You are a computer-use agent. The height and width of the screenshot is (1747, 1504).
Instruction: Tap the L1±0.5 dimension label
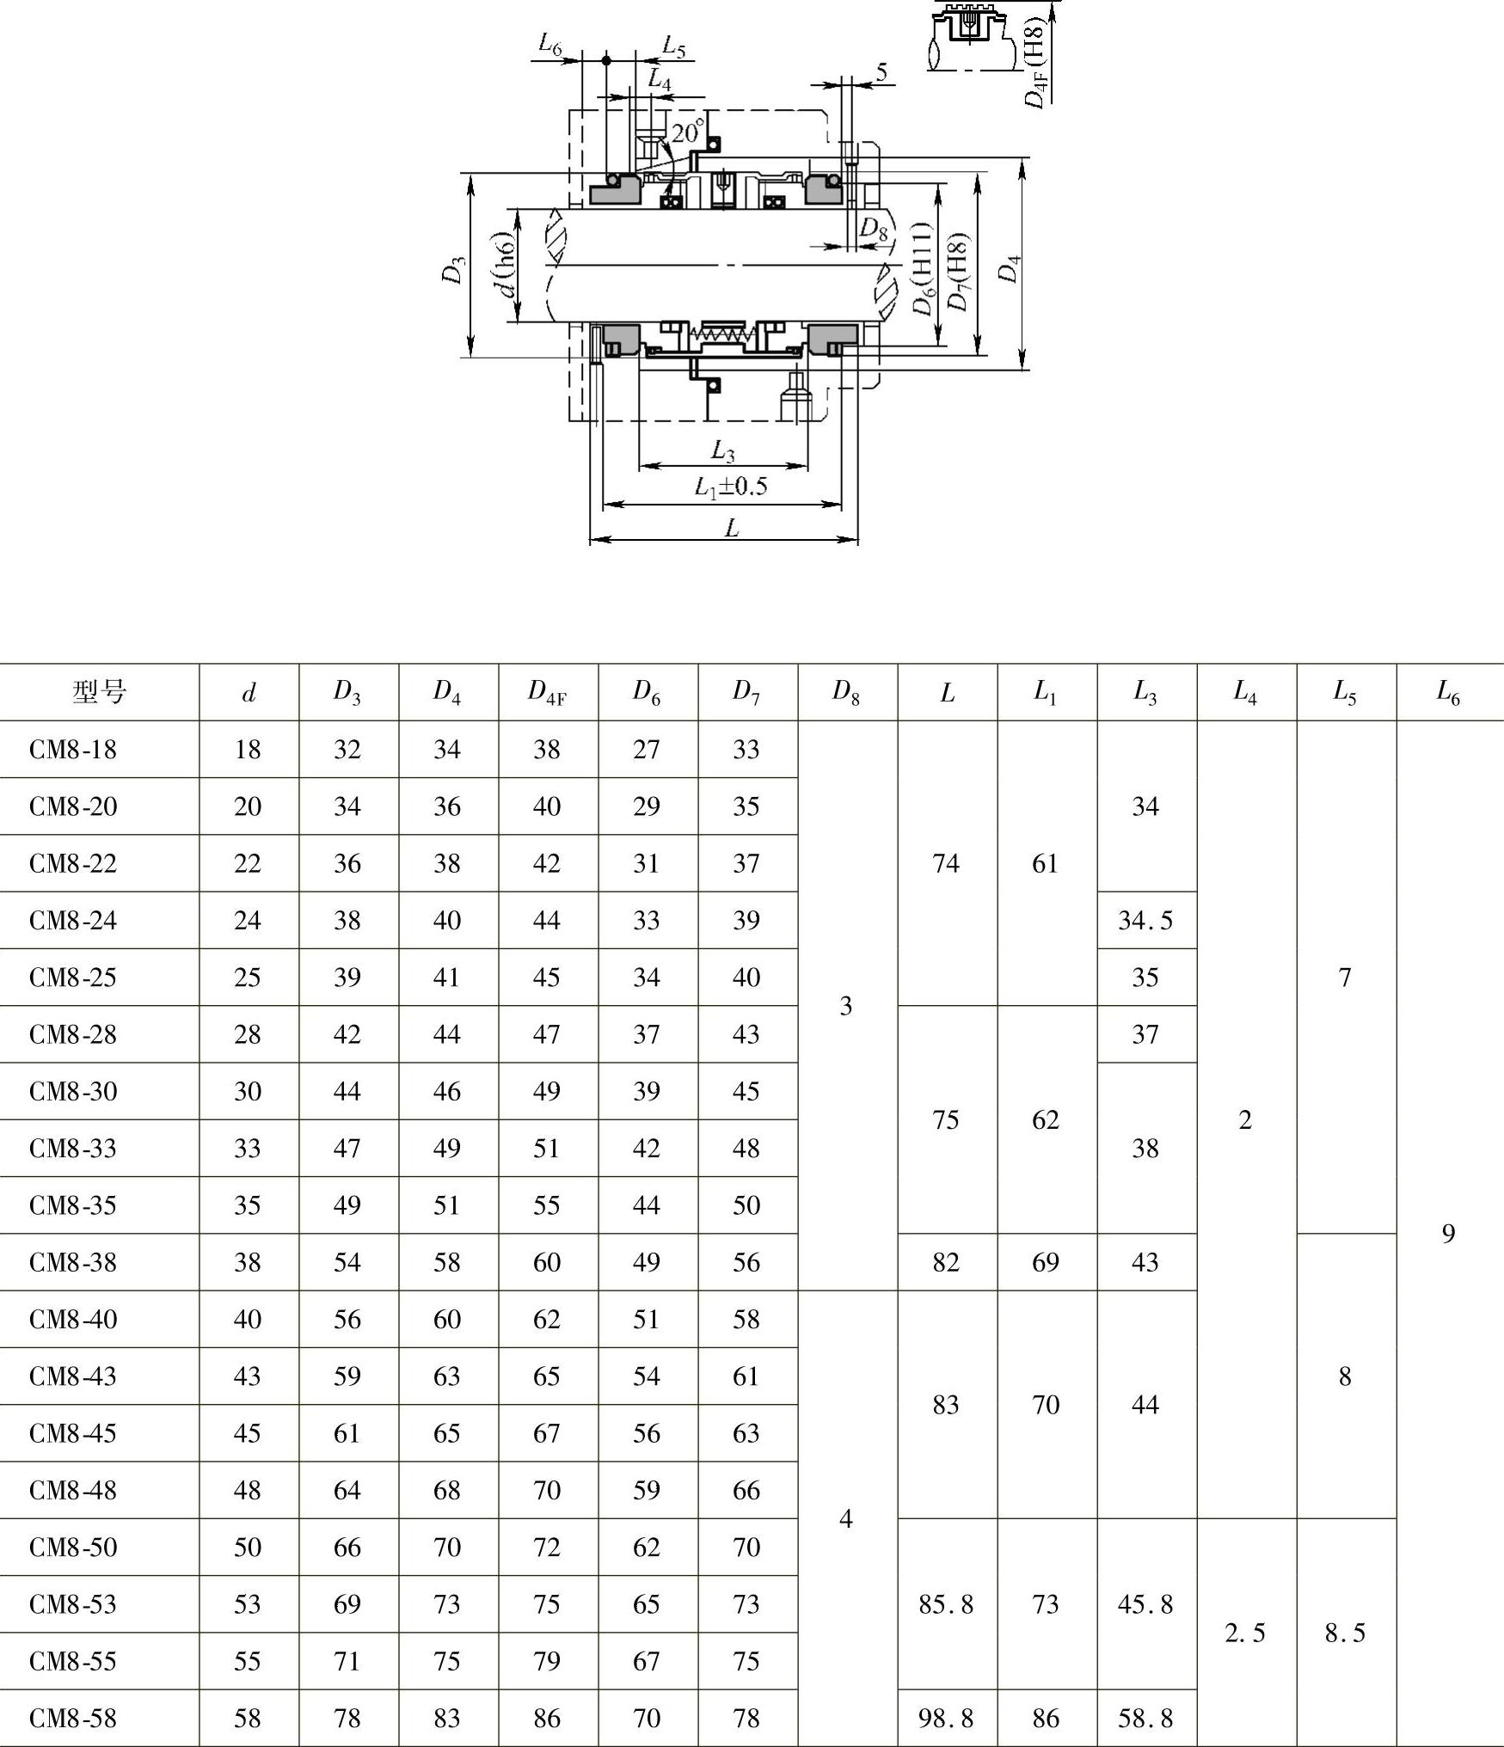click(731, 487)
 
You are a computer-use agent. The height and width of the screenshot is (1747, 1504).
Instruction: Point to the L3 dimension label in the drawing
click(723, 450)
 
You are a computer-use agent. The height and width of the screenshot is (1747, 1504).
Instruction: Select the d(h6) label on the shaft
click(508, 264)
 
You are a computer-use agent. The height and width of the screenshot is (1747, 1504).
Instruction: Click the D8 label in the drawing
click(873, 229)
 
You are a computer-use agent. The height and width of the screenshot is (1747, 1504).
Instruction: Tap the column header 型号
click(100, 691)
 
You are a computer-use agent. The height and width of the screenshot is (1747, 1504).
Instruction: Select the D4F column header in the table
click(547, 691)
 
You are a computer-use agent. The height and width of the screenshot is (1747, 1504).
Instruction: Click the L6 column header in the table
click(1448, 691)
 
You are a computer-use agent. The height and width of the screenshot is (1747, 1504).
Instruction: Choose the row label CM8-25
click(73, 978)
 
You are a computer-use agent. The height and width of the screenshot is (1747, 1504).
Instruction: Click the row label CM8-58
click(73, 1719)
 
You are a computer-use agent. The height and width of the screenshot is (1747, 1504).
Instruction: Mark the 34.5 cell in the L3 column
click(1145, 921)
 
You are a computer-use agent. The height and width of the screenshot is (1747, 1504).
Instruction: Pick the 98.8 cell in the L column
click(946, 1719)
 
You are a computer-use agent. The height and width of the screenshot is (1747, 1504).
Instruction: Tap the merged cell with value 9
click(1448, 1234)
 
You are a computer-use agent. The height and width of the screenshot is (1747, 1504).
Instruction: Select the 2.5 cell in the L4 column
click(1245, 1633)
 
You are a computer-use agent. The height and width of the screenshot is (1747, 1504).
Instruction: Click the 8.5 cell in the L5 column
click(1345, 1633)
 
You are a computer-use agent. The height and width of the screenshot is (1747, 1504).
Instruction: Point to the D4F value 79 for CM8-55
click(547, 1662)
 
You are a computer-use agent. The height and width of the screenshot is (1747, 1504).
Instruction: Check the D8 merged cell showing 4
click(846, 1519)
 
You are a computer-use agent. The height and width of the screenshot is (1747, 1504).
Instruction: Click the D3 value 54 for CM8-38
click(347, 1262)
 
